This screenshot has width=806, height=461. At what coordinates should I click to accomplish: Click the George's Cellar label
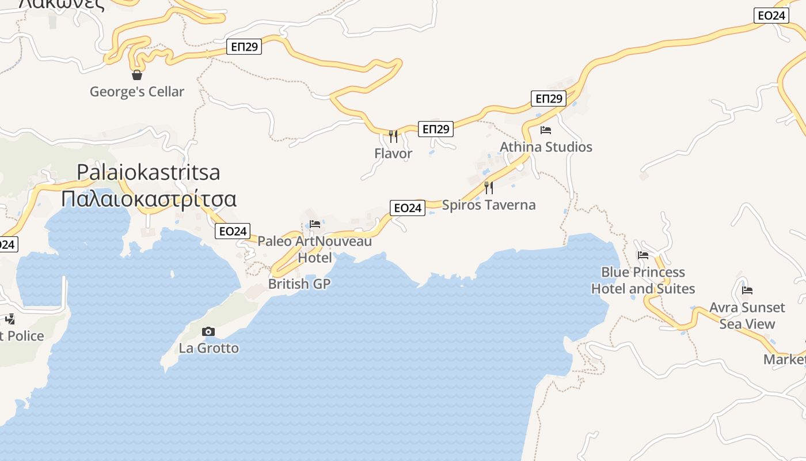point(137,92)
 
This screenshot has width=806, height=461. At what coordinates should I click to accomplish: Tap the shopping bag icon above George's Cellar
point(137,75)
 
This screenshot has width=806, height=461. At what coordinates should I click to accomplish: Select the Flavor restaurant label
point(393,153)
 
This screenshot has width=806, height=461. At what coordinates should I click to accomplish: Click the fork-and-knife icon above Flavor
point(393,137)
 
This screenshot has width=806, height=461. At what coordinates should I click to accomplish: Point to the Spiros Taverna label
point(489,205)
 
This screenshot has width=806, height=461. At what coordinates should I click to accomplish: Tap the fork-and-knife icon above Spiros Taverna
point(489,188)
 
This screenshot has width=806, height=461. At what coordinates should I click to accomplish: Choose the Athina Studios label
point(546,147)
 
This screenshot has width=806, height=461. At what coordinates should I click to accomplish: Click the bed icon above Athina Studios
point(546,130)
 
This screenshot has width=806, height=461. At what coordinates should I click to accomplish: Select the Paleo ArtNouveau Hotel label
point(314,249)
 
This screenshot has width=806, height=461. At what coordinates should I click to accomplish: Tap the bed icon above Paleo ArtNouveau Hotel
point(314,224)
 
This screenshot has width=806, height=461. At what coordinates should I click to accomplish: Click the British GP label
point(299,284)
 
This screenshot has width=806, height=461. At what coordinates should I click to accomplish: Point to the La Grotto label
point(208,348)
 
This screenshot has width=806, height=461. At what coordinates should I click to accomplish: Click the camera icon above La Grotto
point(208,331)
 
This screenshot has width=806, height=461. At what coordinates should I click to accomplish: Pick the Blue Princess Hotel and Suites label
point(643,280)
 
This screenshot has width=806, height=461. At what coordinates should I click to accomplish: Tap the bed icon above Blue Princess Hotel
point(643,255)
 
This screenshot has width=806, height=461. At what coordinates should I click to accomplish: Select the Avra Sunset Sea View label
point(747,315)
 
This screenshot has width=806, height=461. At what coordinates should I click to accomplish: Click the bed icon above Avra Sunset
point(747,290)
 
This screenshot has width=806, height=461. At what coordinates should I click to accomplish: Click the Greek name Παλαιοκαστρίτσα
point(149,199)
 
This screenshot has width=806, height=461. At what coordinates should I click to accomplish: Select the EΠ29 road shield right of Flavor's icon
point(436,129)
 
